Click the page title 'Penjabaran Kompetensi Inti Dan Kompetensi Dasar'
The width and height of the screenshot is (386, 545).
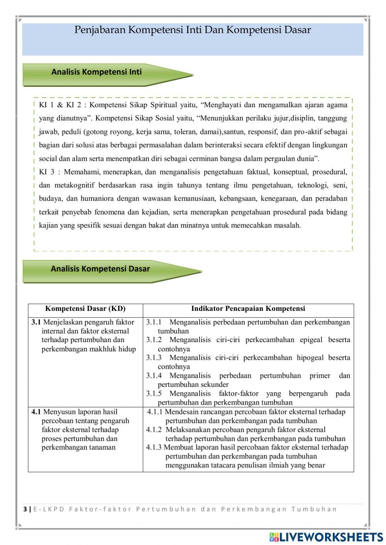pyautogui.click(x=192, y=30)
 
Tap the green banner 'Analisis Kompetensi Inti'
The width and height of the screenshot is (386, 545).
pyautogui.click(x=96, y=72)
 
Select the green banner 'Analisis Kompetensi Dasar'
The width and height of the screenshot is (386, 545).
pyautogui.click(x=100, y=269)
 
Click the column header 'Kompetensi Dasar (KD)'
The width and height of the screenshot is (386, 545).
pyautogui.click(x=85, y=309)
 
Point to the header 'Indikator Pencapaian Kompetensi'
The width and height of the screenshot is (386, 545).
pyautogui.click(x=248, y=309)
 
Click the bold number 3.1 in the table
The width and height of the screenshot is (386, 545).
pyautogui.click(x=36, y=322)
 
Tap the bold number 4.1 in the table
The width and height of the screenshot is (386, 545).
pyautogui.click(x=36, y=412)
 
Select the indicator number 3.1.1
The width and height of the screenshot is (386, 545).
pyautogui.click(x=154, y=322)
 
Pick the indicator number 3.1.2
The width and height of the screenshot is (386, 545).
pyautogui.click(x=154, y=340)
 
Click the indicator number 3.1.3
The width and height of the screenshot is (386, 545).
pyautogui.click(x=154, y=358)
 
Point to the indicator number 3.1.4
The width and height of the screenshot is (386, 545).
pyautogui.click(x=154, y=376)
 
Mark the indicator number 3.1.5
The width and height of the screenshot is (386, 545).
pyautogui.click(x=154, y=393)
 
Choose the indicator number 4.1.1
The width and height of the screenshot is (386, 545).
pyautogui.click(x=155, y=412)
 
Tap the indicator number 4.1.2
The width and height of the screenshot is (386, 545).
pyautogui.click(x=154, y=430)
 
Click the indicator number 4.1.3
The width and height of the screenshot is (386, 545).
pyautogui.click(x=154, y=447)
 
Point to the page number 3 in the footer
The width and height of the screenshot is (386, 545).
pyautogui.click(x=25, y=509)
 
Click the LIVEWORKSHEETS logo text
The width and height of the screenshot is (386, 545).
pyautogui.click(x=331, y=537)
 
